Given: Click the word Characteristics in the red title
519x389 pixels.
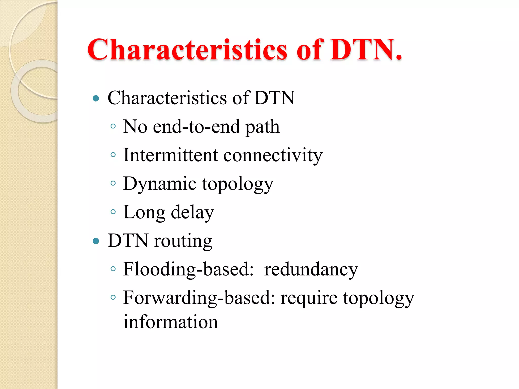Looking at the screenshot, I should click(187, 50).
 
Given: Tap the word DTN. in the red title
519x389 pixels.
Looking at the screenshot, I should click(365, 50).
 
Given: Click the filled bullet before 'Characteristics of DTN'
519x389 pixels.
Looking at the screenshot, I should click(96, 98).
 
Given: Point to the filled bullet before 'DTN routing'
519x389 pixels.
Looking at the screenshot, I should click(96, 241).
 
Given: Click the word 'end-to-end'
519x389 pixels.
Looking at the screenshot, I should click(196, 127).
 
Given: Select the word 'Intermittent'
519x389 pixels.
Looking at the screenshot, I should click(170, 155).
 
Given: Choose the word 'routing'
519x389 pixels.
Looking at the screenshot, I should click(183, 241).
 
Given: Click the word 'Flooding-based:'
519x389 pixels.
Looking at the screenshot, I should click(188, 269).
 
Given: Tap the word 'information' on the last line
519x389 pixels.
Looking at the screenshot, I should click(171, 322).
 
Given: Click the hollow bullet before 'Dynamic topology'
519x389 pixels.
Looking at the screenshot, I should click(113, 183).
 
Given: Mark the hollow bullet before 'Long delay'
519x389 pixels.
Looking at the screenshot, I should click(113, 212).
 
